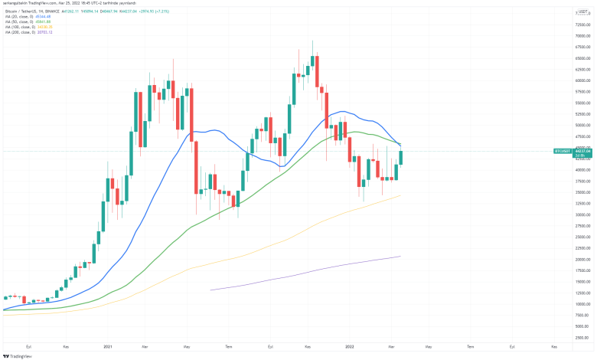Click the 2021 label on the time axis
click(x=108, y=347)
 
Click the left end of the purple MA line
click(x=210, y=290)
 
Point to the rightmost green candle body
click(x=401, y=158)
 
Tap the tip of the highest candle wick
click(x=312, y=41)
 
